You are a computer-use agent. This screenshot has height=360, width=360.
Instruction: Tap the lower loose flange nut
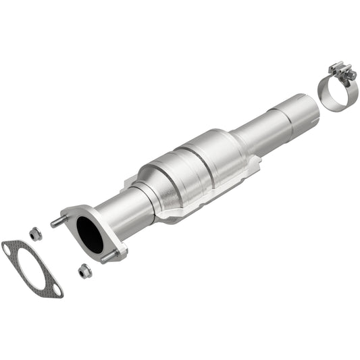[84, 271]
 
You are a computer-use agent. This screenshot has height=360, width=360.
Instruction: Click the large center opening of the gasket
[31, 268]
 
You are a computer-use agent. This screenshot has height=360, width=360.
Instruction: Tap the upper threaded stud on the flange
[55, 221]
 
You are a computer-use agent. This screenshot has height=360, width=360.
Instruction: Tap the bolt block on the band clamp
[340, 69]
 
